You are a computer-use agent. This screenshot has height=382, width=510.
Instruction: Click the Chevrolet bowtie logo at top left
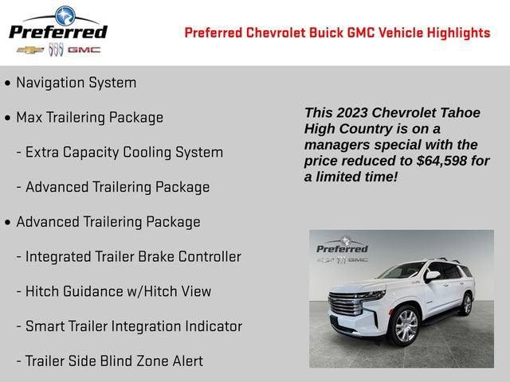click(30, 49)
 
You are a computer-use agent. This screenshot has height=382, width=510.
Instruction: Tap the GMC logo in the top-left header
click(84, 49)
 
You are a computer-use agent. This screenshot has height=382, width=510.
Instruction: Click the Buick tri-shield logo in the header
click(56, 49)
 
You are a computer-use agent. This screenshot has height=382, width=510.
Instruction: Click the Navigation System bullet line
click(76, 83)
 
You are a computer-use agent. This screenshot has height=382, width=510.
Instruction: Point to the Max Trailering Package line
click(89, 118)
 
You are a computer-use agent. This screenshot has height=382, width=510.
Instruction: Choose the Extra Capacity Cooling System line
click(124, 152)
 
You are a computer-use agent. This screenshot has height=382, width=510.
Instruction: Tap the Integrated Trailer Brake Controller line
click(133, 256)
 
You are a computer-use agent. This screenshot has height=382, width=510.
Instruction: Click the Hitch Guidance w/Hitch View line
click(118, 291)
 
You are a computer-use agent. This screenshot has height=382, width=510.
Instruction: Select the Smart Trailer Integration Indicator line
click(134, 326)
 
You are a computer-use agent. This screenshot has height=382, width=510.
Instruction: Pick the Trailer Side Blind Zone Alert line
click(114, 361)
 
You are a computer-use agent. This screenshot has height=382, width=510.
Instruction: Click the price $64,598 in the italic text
click(444, 161)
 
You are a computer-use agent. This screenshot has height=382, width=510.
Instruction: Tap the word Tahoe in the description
click(461, 113)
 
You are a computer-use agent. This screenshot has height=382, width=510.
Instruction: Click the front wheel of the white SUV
click(406, 325)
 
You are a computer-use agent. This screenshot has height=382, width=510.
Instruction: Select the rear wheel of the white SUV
click(467, 304)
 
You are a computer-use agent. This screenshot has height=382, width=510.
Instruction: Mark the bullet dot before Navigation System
click(8, 83)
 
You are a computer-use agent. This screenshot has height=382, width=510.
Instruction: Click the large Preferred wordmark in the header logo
click(57, 32)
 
